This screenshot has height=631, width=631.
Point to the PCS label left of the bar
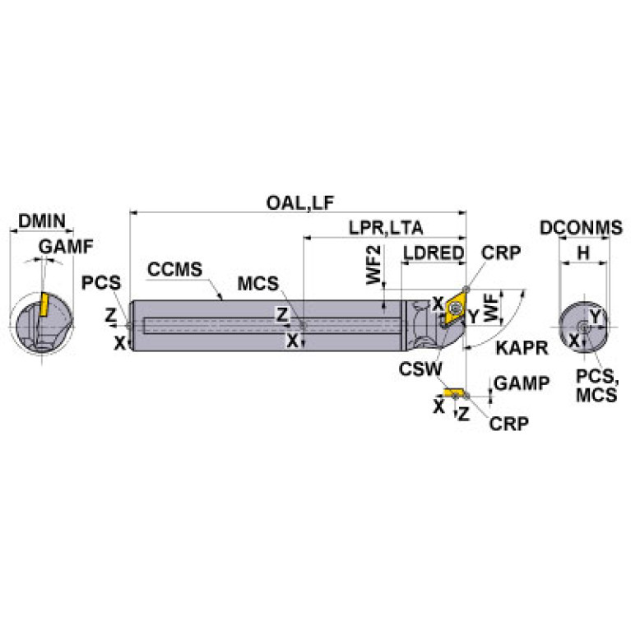click(x=101, y=283)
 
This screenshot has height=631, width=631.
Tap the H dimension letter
click(x=582, y=253)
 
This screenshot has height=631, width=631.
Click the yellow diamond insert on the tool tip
click(x=452, y=309)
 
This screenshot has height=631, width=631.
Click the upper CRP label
click(x=501, y=253)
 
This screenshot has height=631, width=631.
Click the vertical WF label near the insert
click(x=490, y=305)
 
